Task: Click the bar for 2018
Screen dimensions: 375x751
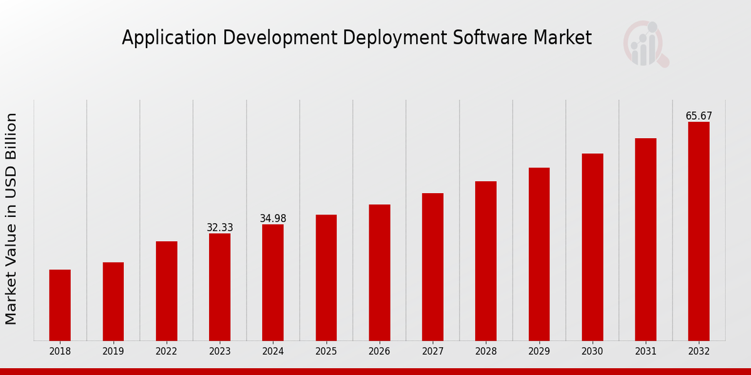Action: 60,305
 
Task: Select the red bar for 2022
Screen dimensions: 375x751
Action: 166,291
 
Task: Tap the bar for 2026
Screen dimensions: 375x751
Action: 379,272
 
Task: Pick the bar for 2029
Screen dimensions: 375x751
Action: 539,254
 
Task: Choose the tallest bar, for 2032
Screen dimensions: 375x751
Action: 698,231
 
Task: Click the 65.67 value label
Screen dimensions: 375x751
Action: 698,116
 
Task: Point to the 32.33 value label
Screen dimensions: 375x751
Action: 220,227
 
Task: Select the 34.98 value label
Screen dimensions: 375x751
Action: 273,219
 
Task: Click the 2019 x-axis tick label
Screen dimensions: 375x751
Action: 113,352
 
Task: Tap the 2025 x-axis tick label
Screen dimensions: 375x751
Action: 326,352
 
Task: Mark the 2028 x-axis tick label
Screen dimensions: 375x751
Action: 486,352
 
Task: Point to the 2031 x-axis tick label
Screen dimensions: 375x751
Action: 645,352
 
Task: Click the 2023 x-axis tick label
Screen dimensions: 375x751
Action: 220,352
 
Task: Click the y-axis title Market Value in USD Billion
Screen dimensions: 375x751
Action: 11,219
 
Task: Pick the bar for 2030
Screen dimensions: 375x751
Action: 592,247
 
